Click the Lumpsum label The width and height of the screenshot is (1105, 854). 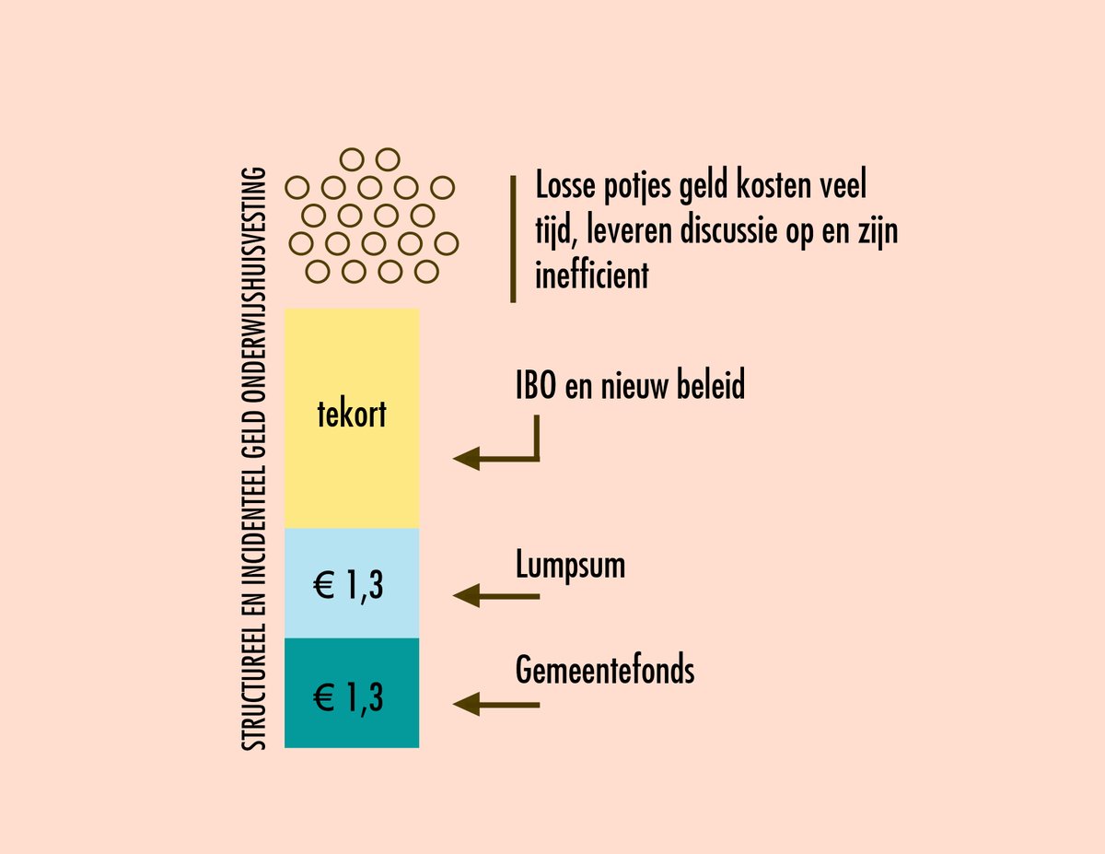coord(570,565)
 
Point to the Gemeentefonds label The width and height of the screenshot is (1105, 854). coord(605,671)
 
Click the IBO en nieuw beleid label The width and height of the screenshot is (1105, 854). coord(630,386)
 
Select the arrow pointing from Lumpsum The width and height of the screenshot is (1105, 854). coord(496,596)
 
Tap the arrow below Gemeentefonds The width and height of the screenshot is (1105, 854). coord(496,705)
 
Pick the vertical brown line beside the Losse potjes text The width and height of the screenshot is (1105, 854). coord(513,239)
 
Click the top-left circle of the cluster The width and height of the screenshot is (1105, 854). coord(350,158)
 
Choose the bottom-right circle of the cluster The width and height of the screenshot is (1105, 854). coord(425,272)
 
